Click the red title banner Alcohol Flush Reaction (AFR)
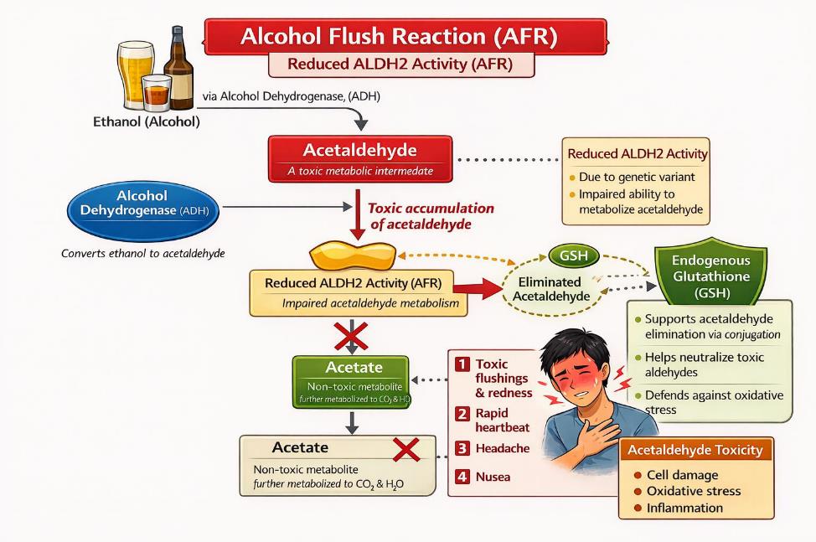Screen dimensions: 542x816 [407, 37]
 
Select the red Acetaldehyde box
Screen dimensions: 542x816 [360, 158]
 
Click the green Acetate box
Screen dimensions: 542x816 [351, 380]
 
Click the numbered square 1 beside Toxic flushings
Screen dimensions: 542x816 [462, 364]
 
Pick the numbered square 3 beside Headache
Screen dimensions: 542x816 [462, 447]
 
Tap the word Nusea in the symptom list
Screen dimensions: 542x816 [493, 477]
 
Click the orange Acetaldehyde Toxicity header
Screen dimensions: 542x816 [695, 450]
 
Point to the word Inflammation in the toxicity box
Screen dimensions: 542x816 [684, 508]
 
